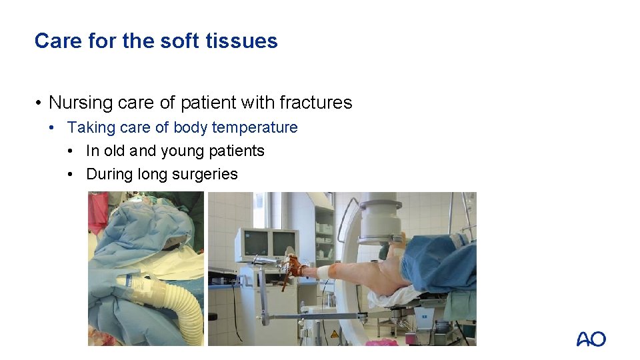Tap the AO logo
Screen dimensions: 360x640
(x=591, y=339)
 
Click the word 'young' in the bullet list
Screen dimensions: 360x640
(x=182, y=151)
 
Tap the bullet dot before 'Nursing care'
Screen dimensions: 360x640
(x=40, y=103)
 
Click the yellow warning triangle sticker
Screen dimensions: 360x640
(x=333, y=334)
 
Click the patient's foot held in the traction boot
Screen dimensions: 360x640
(x=295, y=268)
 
